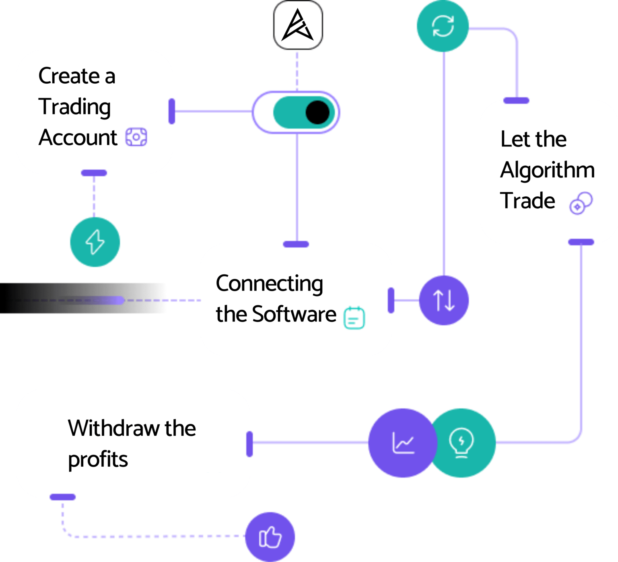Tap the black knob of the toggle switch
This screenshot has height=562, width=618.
[317, 112]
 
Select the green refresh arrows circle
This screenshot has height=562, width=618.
[443, 26]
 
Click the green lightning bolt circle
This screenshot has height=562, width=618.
[95, 242]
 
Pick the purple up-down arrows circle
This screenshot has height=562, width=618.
[444, 301]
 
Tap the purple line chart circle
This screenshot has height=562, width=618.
[402, 443]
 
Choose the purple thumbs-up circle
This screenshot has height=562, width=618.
[270, 537]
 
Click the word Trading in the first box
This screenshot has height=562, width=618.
[75, 107]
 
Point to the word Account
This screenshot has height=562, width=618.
[78, 138]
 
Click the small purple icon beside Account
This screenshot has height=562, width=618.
[136, 137]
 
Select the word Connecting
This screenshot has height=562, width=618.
[269, 284]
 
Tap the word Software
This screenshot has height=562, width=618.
[294, 314]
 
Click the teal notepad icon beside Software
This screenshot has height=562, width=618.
[354, 318]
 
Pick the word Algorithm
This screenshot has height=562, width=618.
[547, 170]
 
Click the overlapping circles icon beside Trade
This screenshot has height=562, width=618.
[581, 203]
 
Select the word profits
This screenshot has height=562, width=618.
[98, 459]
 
